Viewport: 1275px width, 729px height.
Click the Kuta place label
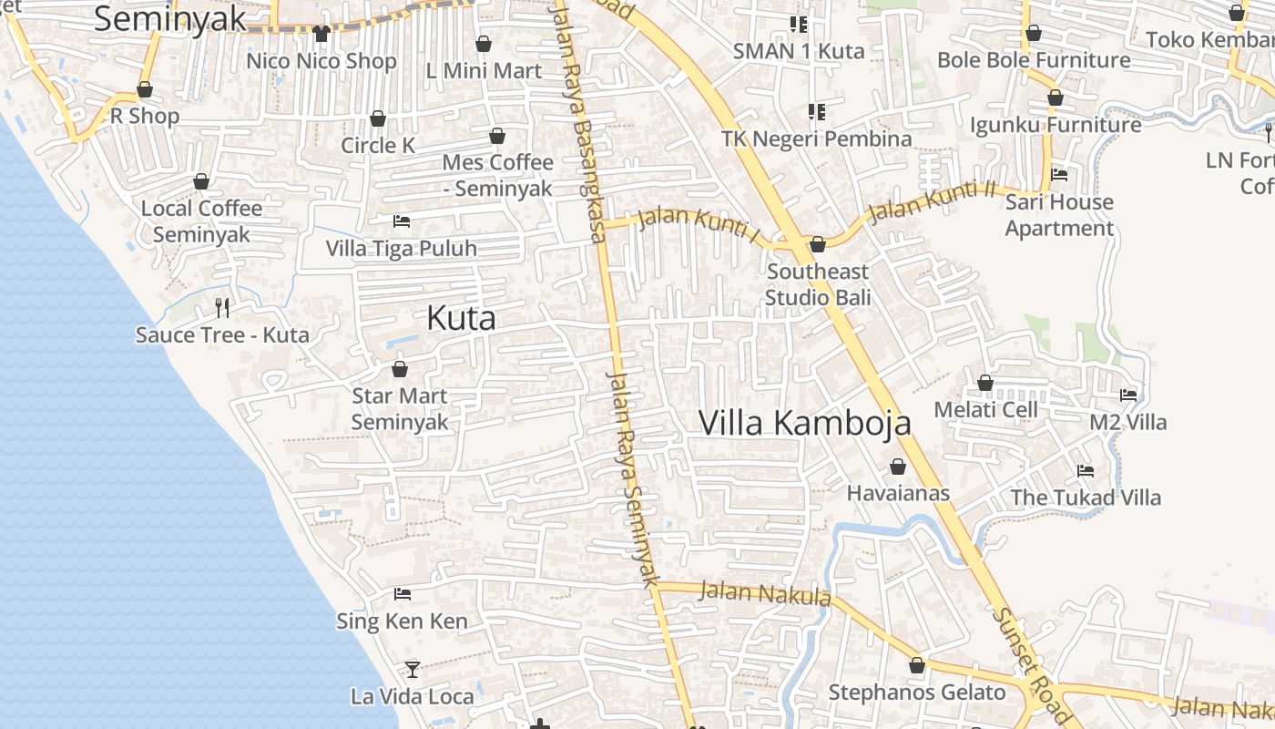click(x=462, y=318)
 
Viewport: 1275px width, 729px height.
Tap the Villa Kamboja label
click(x=805, y=423)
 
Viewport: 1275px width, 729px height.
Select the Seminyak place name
click(x=170, y=19)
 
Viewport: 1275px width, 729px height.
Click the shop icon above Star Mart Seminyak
click(x=399, y=369)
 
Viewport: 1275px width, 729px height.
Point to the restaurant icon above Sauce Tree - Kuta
click(x=222, y=307)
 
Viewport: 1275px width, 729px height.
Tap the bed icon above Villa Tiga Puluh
click(x=401, y=221)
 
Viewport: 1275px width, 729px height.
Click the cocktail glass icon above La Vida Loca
click(x=412, y=670)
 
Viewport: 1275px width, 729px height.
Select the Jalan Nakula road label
click(x=765, y=594)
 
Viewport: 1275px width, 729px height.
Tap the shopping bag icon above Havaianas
click(x=898, y=467)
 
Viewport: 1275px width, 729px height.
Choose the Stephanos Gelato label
click(x=917, y=693)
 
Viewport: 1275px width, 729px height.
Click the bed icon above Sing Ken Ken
click(x=402, y=594)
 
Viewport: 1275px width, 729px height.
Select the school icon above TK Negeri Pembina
click(x=817, y=112)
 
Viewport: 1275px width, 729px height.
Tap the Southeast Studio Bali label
click(x=818, y=284)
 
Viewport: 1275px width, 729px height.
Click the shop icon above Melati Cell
click(x=984, y=383)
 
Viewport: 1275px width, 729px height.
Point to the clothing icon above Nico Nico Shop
click(x=321, y=34)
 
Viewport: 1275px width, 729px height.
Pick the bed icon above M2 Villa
click(x=1128, y=395)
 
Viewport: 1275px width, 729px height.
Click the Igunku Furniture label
click(x=1056, y=125)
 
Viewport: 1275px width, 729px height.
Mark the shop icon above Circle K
click(x=377, y=118)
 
